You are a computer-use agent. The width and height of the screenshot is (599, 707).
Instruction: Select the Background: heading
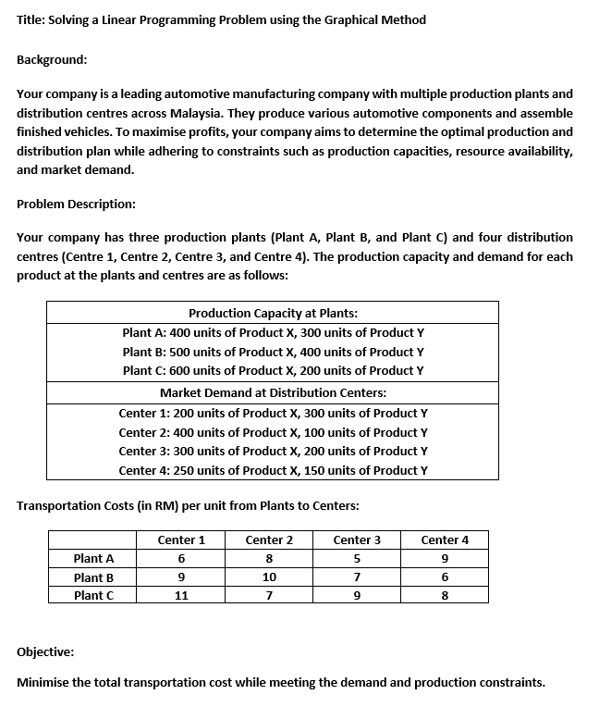click(x=53, y=58)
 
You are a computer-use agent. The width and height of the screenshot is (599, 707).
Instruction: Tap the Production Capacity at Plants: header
click(x=273, y=313)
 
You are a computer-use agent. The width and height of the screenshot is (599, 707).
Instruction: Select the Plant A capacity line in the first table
click(x=273, y=332)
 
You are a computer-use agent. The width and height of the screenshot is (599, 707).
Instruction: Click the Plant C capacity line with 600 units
click(x=273, y=370)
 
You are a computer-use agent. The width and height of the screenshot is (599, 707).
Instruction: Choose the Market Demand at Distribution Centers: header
click(x=273, y=393)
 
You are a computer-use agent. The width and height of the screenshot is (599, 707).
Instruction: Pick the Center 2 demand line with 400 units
click(x=273, y=432)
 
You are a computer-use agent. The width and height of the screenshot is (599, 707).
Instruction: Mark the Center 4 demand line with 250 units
click(x=273, y=470)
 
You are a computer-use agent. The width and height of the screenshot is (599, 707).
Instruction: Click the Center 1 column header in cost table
click(x=181, y=540)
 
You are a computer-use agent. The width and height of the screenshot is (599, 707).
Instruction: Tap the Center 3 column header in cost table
click(x=357, y=540)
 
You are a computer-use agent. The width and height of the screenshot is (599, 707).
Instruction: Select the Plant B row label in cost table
click(x=94, y=577)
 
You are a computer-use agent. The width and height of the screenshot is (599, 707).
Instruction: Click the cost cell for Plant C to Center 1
click(x=181, y=595)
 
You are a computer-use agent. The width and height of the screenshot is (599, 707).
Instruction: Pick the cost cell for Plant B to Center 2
click(x=269, y=577)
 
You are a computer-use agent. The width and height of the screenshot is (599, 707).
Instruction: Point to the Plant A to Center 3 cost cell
click(x=357, y=558)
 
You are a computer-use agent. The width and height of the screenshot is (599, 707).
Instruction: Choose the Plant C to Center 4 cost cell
click(x=445, y=595)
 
